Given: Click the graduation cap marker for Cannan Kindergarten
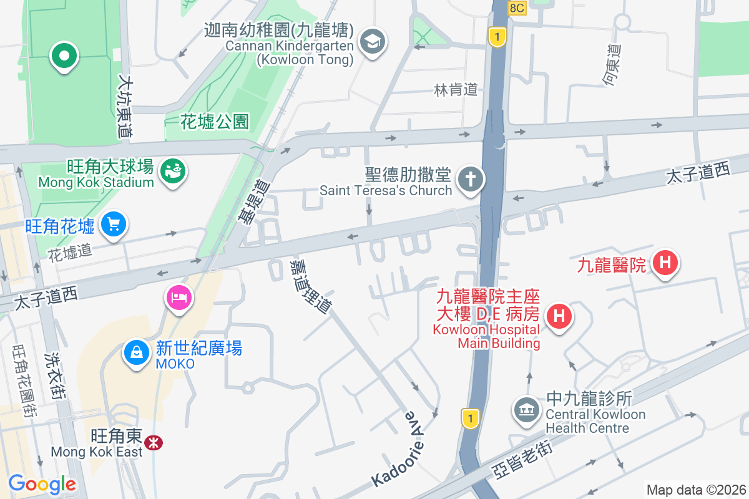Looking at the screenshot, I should [373, 43].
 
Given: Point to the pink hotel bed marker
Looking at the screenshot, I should [179, 298].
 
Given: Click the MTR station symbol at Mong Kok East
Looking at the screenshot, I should [152, 443].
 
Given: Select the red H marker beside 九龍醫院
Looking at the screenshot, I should [665, 263].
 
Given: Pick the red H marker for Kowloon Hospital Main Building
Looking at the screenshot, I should [559, 316].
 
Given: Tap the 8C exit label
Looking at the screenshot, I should [517, 7].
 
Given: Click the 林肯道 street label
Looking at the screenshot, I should [456, 90].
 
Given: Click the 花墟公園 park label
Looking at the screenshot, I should [215, 121].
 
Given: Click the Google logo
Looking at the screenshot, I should [42, 484].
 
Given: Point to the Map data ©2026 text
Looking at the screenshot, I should [695, 490].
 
